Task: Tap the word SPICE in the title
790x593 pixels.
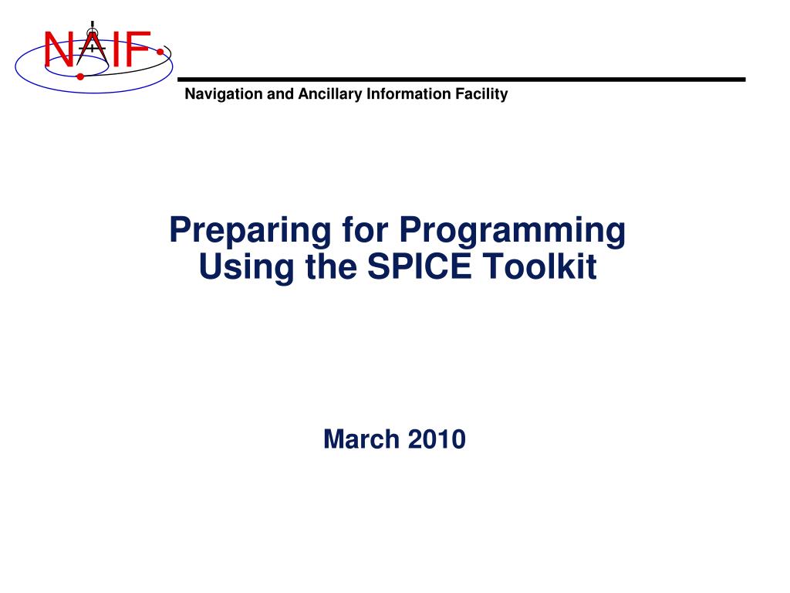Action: click(x=422, y=267)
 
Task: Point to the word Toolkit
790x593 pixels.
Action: click(x=539, y=267)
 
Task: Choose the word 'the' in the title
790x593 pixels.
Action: click(x=319, y=267)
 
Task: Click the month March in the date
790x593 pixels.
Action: click(x=362, y=439)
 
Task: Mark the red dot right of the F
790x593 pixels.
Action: click(x=160, y=53)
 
